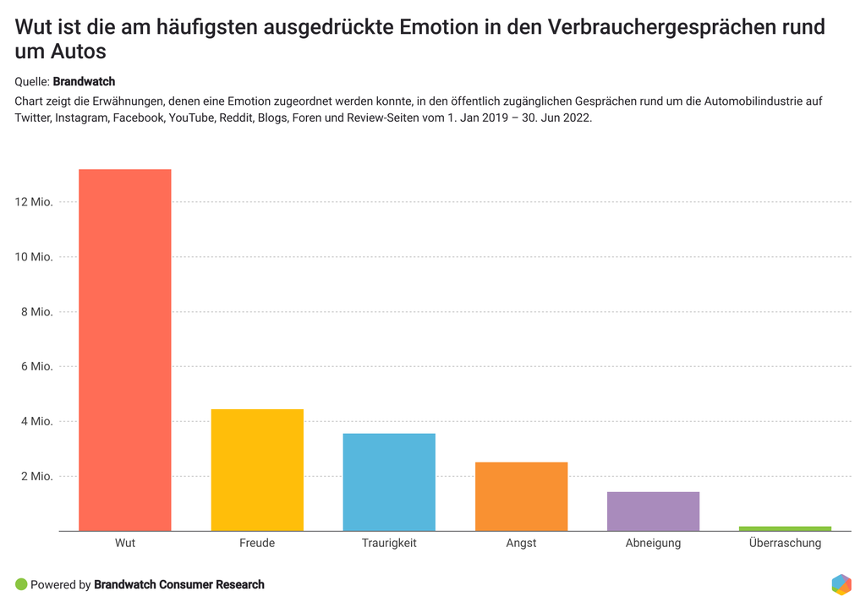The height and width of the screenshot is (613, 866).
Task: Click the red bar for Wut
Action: coord(125,350)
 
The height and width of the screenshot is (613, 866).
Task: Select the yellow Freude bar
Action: coord(257,470)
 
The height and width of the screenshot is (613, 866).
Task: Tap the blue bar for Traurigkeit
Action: coord(389,482)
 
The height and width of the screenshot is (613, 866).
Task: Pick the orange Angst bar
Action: coord(521,496)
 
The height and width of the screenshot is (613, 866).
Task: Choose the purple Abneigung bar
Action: coord(653,512)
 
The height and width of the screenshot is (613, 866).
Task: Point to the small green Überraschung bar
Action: coord(785,528)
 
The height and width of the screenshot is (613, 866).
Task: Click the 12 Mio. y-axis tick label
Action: coord(34,202)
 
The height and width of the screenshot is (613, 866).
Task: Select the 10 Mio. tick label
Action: coord(34,257)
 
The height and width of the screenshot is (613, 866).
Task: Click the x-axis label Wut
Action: coord(125,543)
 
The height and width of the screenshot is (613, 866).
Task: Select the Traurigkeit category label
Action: coord(389,543)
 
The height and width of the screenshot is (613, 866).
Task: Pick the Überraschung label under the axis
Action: coord(785,543)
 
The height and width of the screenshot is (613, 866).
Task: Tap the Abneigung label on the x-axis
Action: coord(653,543)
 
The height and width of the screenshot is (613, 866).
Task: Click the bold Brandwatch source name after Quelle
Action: coord(84,82)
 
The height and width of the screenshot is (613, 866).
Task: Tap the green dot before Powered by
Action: coord(21,584)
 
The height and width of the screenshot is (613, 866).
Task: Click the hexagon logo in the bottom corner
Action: coord(841,584)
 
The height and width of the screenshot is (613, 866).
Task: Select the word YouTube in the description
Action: coord(192,118)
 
